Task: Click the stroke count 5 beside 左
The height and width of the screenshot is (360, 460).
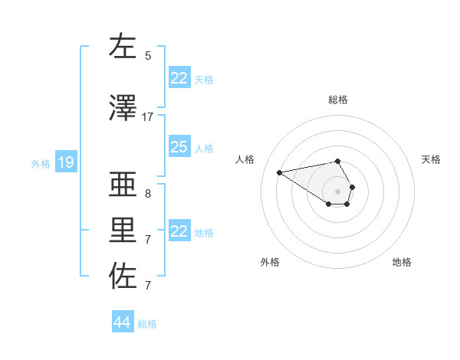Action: pyautogui.click(x=148, y=55)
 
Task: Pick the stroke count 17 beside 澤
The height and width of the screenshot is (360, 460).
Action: pyautogui.click(x=148, y=116)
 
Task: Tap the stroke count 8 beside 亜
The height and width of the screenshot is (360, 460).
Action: pyautogui.click(x=148, y=193)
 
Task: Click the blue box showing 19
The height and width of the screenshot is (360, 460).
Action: pyautogui.click(x=65, y=162)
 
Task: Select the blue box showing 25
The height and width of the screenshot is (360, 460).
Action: pyautogui.click(x=179, y=147)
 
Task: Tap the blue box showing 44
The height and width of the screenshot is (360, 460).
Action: pyautogui.click(x=123, y=322)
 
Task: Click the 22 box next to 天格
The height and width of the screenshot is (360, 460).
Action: pyautogui.click(x=179, y=78)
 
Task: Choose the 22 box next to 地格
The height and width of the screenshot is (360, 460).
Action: pyautogui.click(x=179, y=231)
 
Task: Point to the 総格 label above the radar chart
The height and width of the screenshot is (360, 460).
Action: pyautogui.click(x=338, y=100)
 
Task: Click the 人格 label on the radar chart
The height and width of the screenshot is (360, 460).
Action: pyautogui.click(x=245, y=159)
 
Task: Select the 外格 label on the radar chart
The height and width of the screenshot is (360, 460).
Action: pyautogui.click(x=270, y=262)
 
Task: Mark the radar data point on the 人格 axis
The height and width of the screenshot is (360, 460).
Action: pyautogui.click(x=279, y=172)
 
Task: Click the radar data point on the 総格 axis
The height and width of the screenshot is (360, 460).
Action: pyautogui.click(x=338, y=161)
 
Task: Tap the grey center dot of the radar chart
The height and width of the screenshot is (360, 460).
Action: pyautogui.click(x=338, y=191)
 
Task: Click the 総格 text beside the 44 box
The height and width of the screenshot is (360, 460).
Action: pyautogui.click(x=147, y=324)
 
